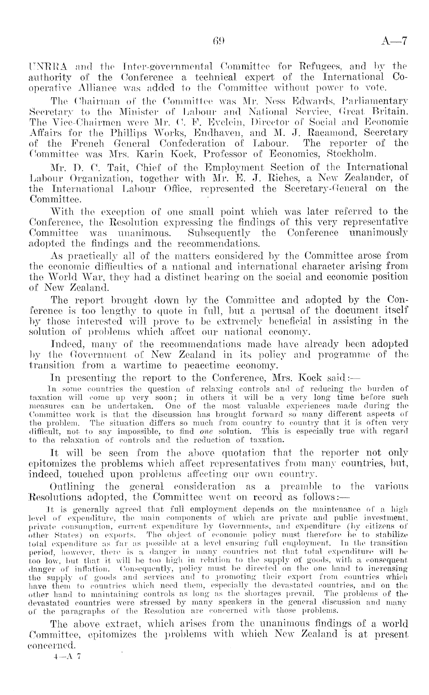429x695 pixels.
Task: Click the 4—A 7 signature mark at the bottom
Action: [x=67, y=657]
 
